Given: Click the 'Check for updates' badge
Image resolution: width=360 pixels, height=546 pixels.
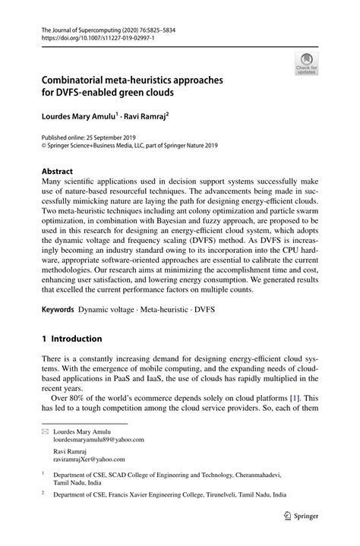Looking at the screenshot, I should [307, 65].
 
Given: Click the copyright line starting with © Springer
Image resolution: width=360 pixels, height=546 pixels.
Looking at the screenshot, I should [131, 148].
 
